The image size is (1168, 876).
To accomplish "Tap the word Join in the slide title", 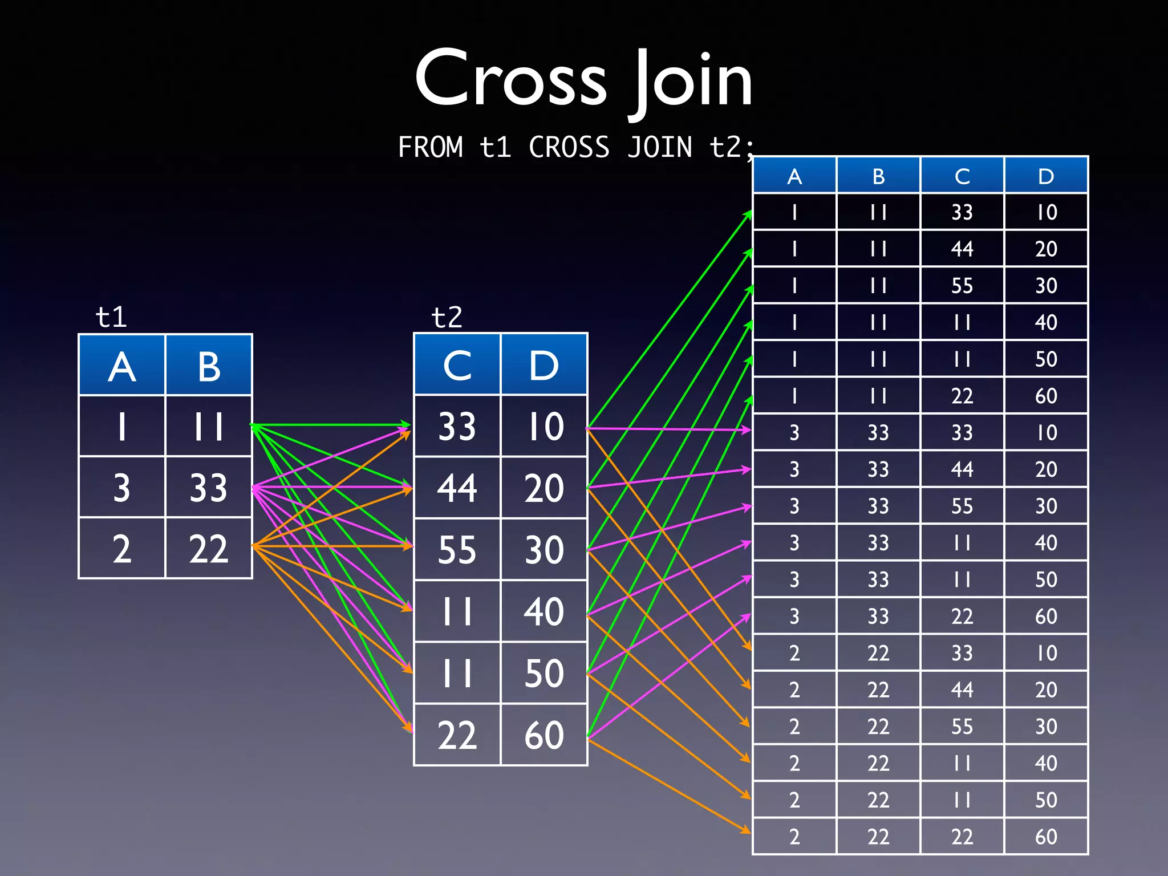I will (691, 80).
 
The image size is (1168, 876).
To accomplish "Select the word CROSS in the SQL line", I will (569, 147).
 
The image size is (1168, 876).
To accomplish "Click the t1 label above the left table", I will (111, 317).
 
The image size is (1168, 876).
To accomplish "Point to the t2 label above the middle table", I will (447, 317).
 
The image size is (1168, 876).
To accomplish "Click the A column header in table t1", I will (122, 366).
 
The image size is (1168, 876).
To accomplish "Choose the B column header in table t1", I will (209, 366).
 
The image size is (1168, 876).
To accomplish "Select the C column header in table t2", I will (457, 365).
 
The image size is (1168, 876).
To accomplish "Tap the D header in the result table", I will (1046, 176).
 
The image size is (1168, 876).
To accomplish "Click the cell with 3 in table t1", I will (122, 488).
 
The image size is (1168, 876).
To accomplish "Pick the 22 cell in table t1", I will (209, 549).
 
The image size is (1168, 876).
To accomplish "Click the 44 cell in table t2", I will (457, 488).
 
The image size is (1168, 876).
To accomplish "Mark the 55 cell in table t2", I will (457, 550).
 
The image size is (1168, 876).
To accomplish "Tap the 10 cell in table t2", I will (544, 426).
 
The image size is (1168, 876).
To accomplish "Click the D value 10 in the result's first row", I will (1046, 212).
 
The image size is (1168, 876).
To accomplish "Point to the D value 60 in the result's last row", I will (1046, 837).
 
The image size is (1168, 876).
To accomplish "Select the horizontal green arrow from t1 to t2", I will (331, 425).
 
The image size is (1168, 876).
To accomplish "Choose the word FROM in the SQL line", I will (431, 147).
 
